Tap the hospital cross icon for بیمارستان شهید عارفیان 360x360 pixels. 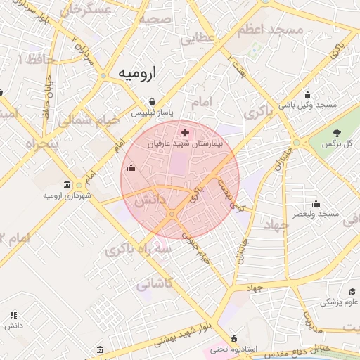(x=185, y=132)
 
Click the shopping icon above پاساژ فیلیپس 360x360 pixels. (x=153, y=101)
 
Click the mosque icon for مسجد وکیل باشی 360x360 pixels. (x=307, y=95)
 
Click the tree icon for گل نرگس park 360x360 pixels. (x=337, y=133)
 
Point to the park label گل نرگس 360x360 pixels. (x=336, y=143)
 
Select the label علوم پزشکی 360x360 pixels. (x=340, y=302)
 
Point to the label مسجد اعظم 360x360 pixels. (x=276, y=30)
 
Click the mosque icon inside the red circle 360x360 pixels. (x=131, y=167)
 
